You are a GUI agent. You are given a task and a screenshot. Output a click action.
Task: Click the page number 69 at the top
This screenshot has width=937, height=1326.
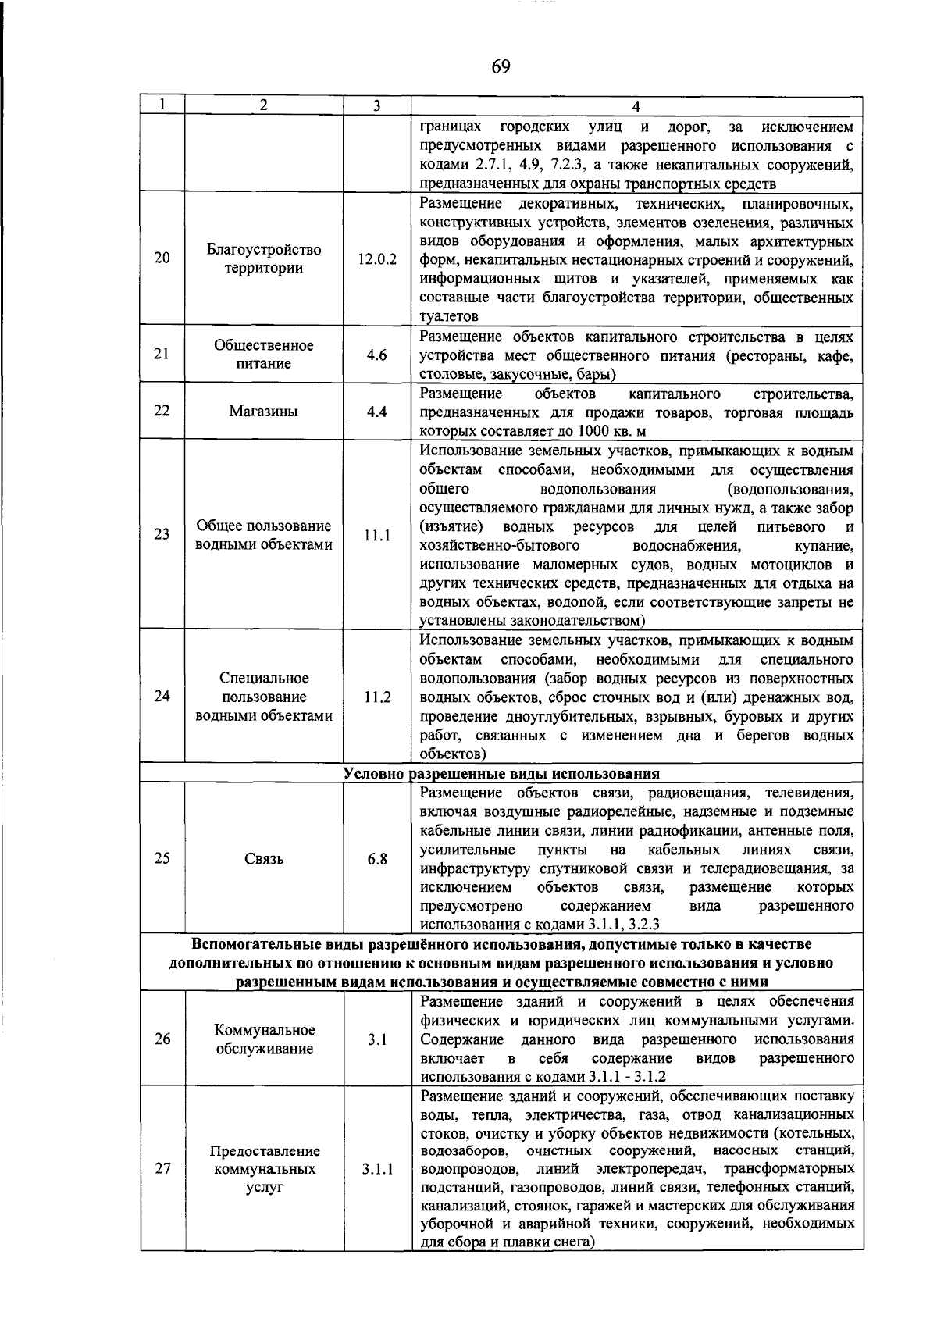coord(501,66)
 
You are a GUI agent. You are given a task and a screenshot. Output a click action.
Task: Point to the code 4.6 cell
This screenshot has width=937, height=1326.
coord(377,355)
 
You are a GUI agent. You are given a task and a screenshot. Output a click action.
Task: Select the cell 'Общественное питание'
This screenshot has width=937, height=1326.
coord(264,355)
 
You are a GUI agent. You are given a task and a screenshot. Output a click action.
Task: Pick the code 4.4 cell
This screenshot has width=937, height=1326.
coord(377,412)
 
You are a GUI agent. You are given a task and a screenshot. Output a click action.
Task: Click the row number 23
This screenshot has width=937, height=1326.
coord(162,535)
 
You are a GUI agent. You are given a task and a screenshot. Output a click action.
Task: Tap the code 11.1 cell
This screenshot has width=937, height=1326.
coord(377,536)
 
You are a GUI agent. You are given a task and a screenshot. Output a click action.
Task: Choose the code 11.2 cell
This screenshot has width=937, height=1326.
coord(377,697)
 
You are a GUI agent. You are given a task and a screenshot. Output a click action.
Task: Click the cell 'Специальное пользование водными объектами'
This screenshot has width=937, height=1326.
coord(264,697)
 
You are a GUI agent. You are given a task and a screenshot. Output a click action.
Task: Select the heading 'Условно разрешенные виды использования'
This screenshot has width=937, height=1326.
coord(501,774)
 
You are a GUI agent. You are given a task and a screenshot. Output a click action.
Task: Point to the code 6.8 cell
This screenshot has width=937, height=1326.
coord(377,859)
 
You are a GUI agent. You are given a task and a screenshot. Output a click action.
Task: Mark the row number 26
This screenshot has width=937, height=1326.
coord(162,1039)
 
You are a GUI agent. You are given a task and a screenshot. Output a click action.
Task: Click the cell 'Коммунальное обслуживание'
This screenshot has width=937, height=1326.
coord(264,1039)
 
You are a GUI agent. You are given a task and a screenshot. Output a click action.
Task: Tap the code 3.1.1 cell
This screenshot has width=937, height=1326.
coord(377,1170)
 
